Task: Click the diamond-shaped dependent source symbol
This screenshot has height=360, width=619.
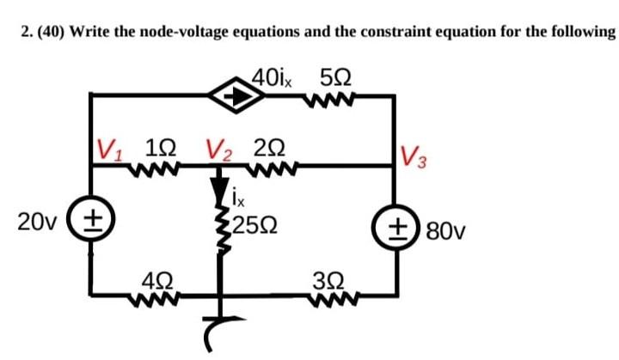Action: (235, 97)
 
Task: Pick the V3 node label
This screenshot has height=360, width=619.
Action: (415, 157)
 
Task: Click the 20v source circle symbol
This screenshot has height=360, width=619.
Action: (92, 222)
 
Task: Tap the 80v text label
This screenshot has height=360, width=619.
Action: (444, 229)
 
